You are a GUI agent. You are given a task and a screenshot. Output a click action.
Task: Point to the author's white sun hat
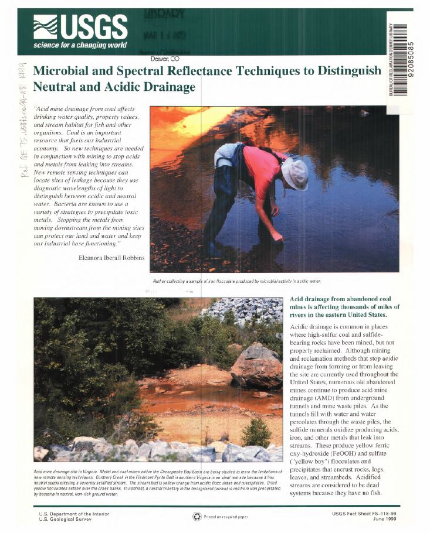coord(294,173)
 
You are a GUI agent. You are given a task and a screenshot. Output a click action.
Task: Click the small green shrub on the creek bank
coord(256,432)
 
